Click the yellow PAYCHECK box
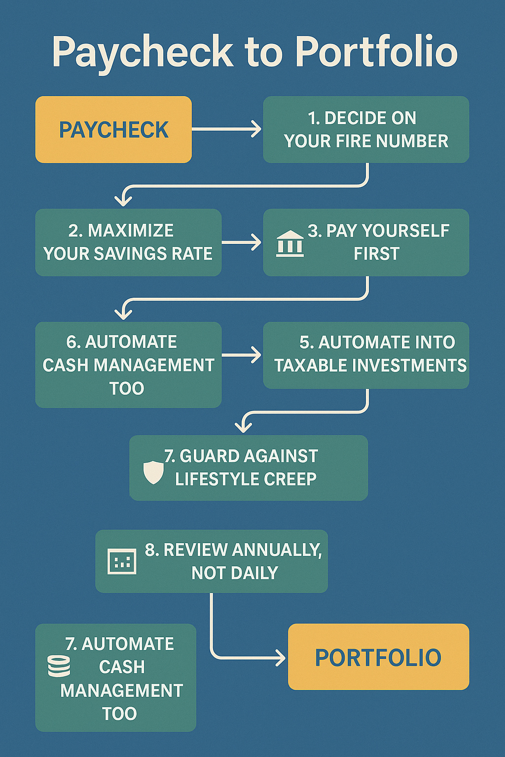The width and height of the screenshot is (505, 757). coord(113,130)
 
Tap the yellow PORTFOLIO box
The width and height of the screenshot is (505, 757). coord(378,657)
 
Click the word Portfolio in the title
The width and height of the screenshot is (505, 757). coord(377,52)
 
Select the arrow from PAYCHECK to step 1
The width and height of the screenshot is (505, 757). coord(227,129)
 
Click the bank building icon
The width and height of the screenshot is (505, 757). coord(290,243)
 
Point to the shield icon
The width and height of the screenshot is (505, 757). coord(153,472)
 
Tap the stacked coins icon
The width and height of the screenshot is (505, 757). coord(59,666)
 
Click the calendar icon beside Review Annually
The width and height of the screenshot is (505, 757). coord(122,561)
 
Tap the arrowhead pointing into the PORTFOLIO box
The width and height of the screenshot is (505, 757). coord(281,658)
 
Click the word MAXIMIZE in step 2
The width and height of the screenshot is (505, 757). coord(130,231)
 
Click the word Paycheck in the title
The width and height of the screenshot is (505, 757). coord(143,52)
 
